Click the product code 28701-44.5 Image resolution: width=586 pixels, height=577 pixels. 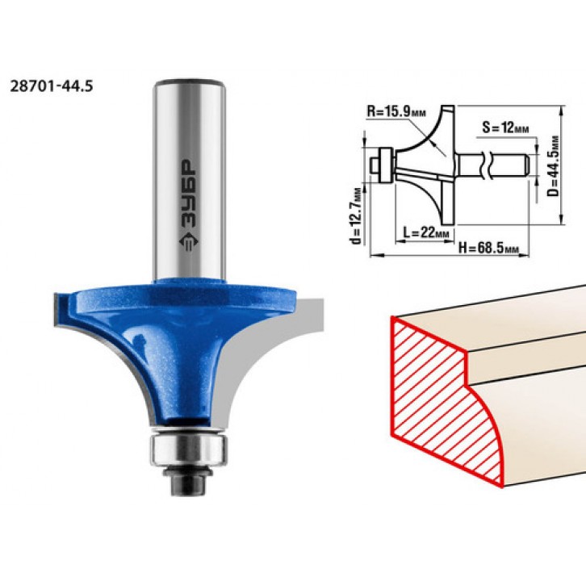click(51, 86)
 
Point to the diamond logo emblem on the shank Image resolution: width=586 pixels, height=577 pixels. click(189, 242)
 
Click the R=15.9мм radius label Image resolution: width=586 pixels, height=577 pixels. click(396, 111)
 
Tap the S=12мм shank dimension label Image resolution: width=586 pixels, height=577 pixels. click(505, 128)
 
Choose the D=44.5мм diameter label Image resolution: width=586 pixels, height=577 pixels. click(555, 165)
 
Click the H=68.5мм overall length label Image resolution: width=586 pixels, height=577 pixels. click(489, 247)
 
